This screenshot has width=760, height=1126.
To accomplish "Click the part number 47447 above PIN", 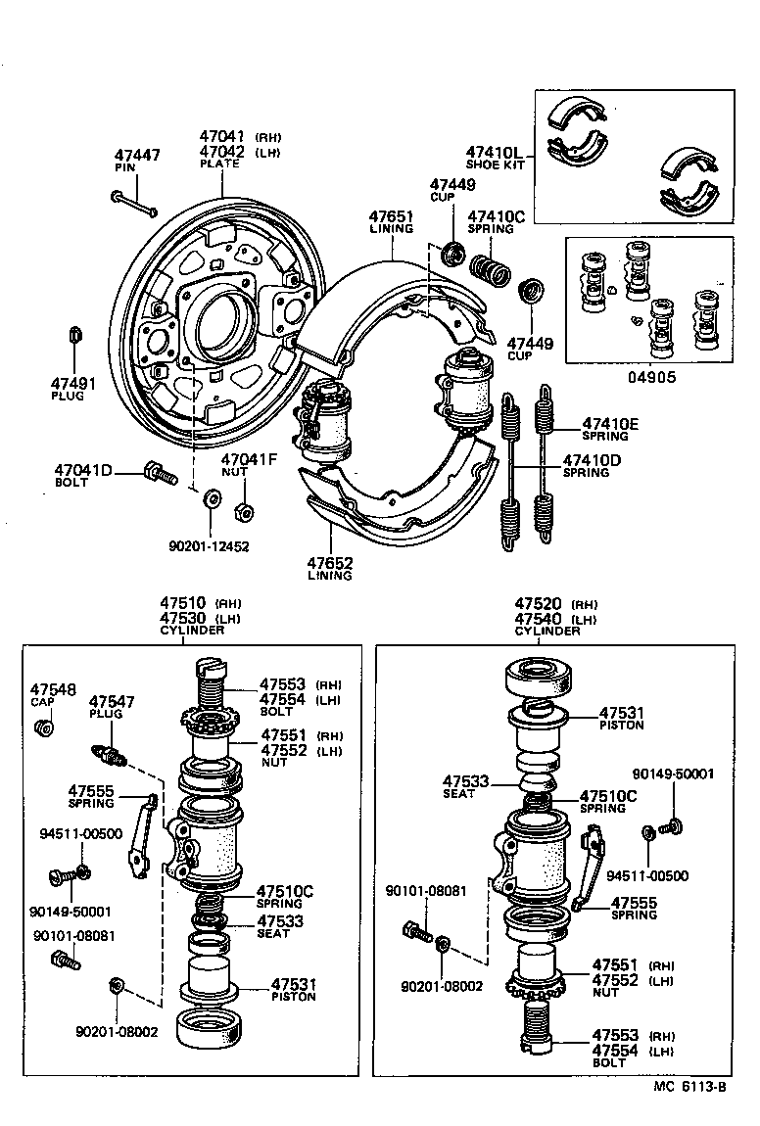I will pyautogui.click(x=136, y=155).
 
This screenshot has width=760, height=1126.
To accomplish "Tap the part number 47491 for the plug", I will pyautogui.click(x=73, y=383).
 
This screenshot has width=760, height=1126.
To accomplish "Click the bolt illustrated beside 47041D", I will pyautogui.click(x=160, y=474).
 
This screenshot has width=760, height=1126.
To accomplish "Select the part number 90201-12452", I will pyautogui.click(x=209, y=545).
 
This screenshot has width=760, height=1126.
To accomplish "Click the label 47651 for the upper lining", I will pyautogui.click(x=392, y=215).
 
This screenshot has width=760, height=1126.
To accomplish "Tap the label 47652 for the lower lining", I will pyautogui.click(x=330, y=563).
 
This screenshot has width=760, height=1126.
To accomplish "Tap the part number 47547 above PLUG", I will pyautogui.click(x=112, y=701).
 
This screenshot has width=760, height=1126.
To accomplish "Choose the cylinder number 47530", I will pyautogui.click(x=182, y=618).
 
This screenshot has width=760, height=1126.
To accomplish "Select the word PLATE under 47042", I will pyautogui.click(x=219, y=164).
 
